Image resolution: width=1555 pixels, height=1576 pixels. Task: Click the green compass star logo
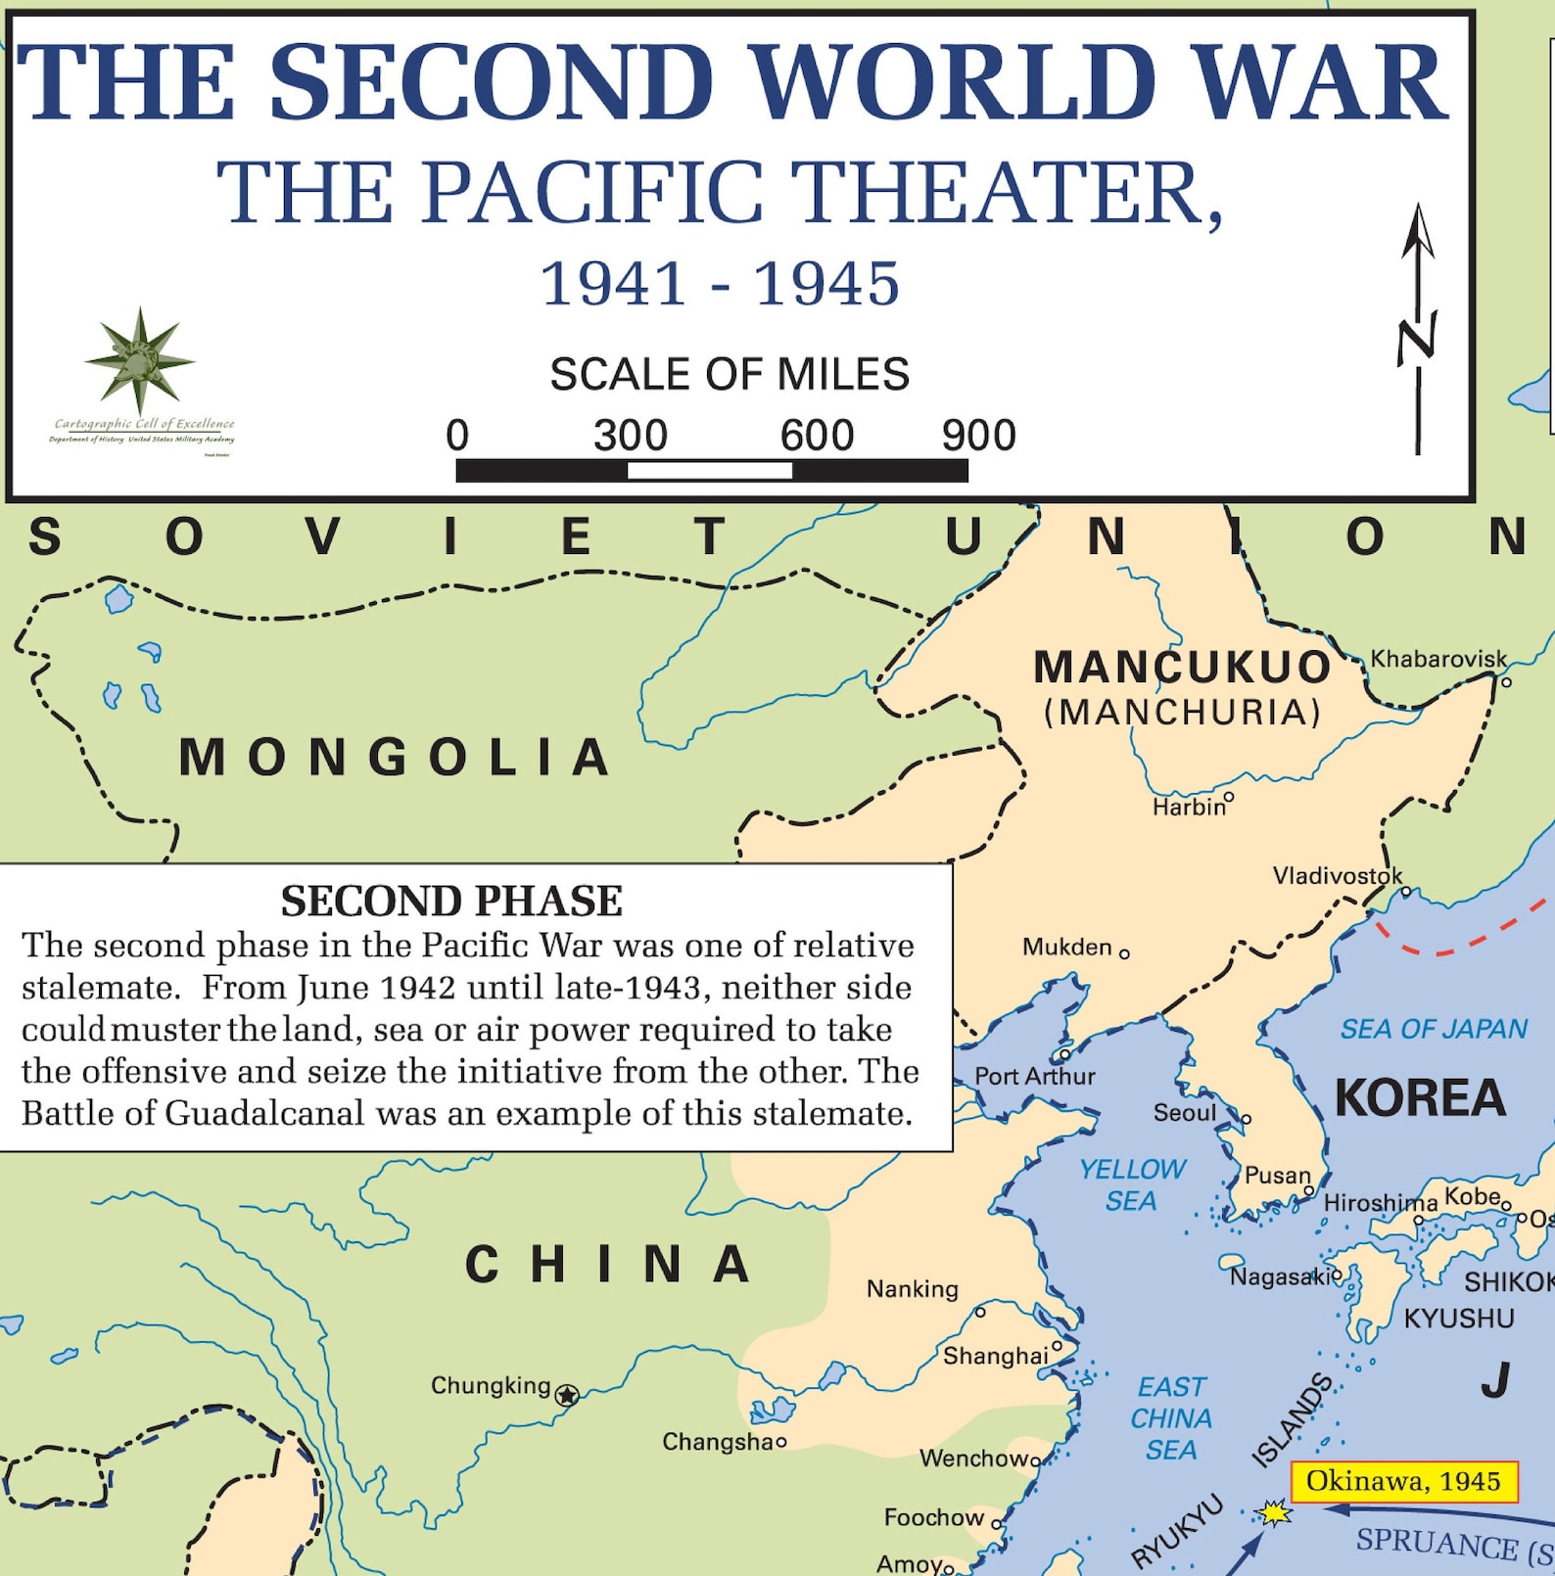pos(140,359)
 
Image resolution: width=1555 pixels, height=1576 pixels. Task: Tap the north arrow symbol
pos(1417,329)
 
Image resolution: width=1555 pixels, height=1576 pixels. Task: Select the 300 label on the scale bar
pos(630,436)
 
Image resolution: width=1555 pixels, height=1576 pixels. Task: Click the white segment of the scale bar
pos(709,471)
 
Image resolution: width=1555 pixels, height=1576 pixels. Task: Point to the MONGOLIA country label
pos(396,758)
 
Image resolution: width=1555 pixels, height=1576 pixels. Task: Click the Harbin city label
pos(1188,808)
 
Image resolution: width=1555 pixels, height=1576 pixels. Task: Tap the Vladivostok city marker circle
pos(1406,892)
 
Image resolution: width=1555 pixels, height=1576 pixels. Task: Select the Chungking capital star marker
pos(567,1395)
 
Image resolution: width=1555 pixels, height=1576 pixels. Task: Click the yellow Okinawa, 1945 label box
pos(1403,1481)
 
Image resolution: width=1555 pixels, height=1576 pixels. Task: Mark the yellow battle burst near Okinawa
pos(1274,1512)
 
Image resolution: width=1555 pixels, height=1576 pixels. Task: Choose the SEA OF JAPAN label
pos(1434,1029)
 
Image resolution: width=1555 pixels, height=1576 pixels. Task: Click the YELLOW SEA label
pos(1132,1184)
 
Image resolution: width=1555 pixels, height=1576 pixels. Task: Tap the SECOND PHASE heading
pos(451,901)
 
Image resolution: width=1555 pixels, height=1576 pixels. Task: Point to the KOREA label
pos(1420,1097)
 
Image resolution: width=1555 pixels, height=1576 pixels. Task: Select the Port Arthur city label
pos(1034,1077)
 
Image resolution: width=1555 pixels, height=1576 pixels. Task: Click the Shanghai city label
pos(995,1356)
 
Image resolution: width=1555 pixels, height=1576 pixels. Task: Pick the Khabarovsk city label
pos(1437,659)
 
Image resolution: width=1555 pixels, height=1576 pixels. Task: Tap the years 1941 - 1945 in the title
pos(720,284)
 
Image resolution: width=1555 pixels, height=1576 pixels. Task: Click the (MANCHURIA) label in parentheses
pos(1183,712)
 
